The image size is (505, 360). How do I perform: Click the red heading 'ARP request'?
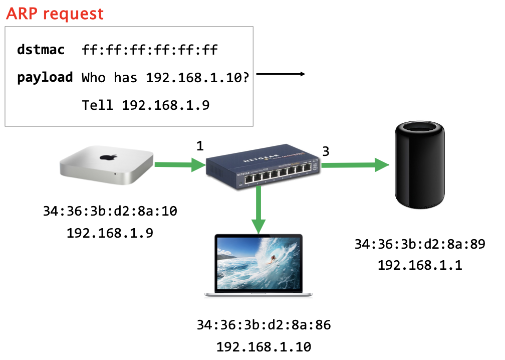[55, 14]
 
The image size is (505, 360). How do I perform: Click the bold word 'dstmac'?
[42, 50]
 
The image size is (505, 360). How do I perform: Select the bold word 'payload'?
[45, 78]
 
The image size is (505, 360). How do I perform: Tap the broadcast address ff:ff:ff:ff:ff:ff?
[150, 50]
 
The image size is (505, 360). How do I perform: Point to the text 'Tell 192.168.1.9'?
[146, 105]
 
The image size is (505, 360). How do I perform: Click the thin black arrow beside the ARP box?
[281, 75]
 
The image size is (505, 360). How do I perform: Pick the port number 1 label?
[200, 146]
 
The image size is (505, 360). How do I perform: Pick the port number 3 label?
[326, 151]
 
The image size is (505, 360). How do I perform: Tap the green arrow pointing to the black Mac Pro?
[356, 165]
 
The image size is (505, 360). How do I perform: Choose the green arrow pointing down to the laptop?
[259, 211]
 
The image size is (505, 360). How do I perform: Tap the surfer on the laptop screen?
[273, 259]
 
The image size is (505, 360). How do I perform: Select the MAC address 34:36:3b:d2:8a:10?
[110, 212]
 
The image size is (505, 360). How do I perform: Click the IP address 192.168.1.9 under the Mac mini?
[110, 233]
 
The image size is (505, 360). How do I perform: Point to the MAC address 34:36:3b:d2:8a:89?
[420, 244]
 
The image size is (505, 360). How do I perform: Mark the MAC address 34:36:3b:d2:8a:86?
[264, 325]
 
